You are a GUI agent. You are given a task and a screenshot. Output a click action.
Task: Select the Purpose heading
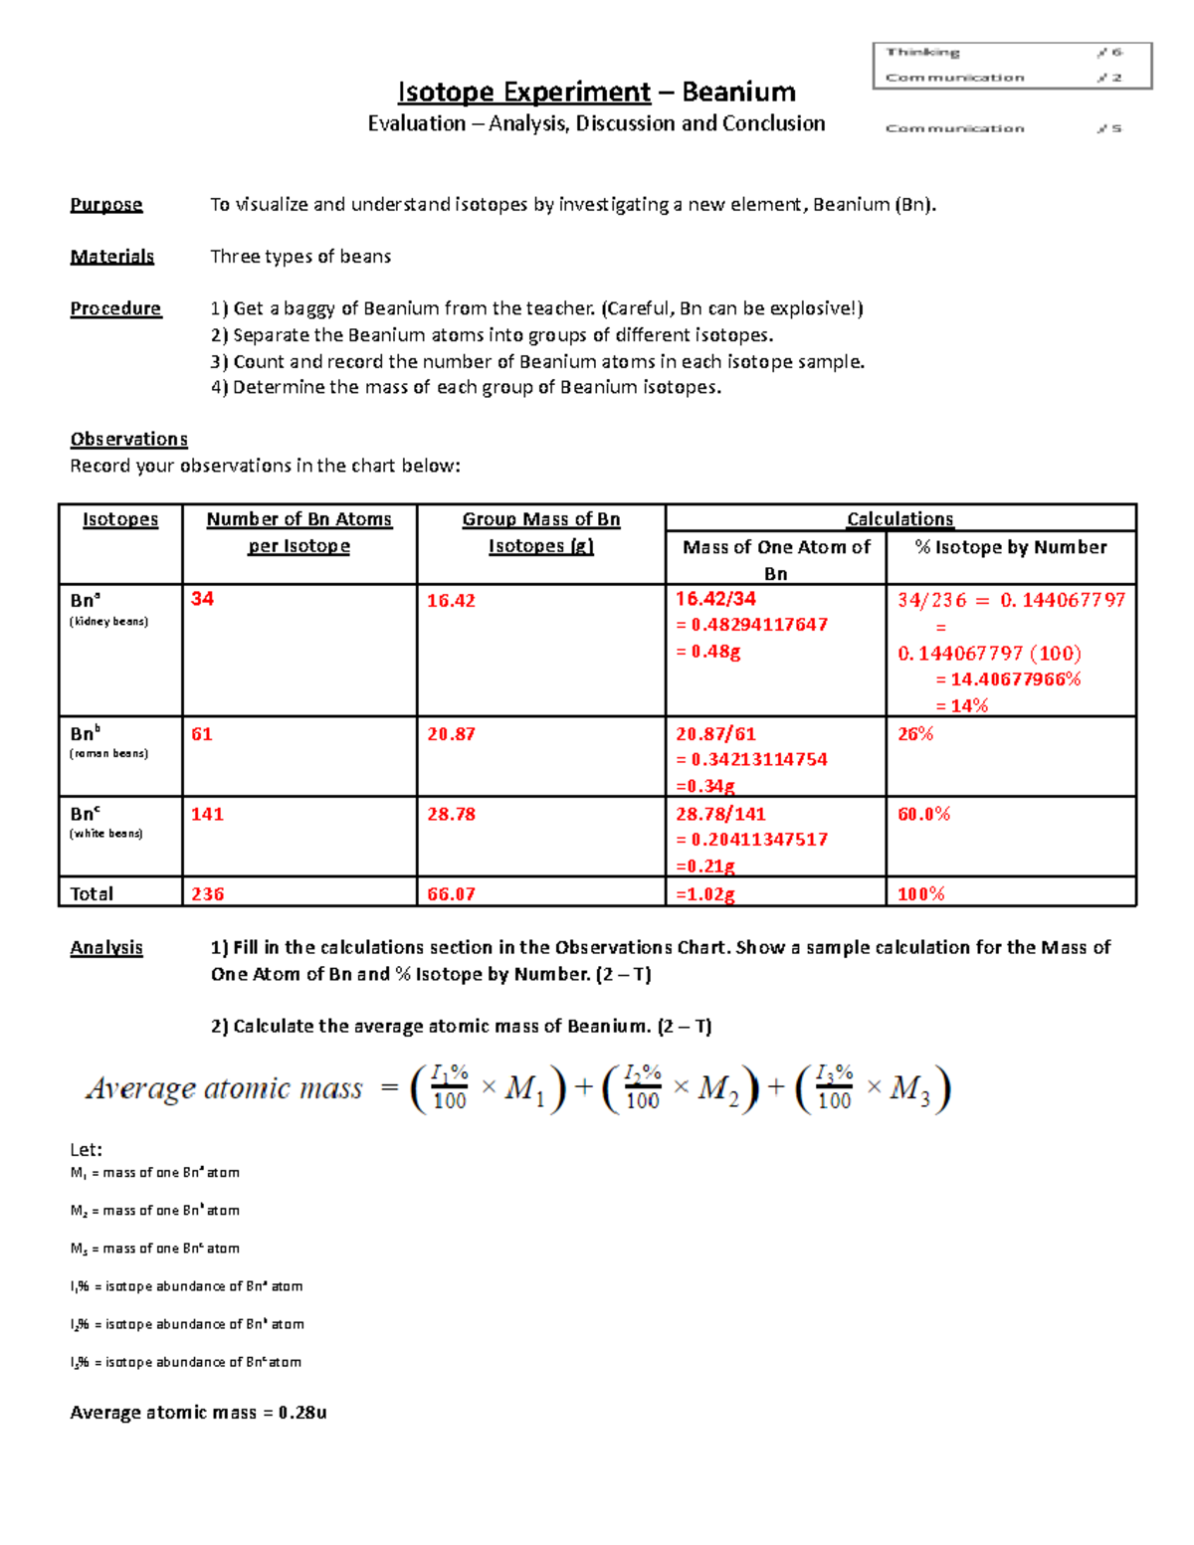(x=106, y=205)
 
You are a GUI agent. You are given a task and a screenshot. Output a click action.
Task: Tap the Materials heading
(x=111, y=257)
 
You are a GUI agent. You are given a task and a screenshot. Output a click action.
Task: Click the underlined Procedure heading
(x=115, y=308)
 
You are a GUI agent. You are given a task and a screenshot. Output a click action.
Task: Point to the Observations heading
(x=128, y=440)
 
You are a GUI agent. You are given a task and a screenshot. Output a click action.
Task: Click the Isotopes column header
(x=120, y=519)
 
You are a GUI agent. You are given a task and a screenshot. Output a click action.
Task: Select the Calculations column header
(x=899, y=519)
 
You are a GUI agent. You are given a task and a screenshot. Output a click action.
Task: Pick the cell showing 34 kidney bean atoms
(x=202, y=599)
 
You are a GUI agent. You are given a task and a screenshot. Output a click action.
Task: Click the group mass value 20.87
(x=451, y=734)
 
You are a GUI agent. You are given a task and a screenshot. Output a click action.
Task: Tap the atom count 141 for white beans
(x=207, y=815)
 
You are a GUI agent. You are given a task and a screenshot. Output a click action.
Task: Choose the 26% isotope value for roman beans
(x=915, y=734)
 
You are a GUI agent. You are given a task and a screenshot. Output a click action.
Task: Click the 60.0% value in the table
(x=923, y=815)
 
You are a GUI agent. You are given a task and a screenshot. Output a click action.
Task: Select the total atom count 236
(x=207, y=894)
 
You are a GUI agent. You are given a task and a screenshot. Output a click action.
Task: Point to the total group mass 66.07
(x=451, y=894)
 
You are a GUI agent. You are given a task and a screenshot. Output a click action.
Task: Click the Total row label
(x=92, y=894)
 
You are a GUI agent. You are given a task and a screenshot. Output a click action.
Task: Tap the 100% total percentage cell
(x=920, y=894)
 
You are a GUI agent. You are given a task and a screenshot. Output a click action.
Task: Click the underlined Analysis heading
(x=106, y=948)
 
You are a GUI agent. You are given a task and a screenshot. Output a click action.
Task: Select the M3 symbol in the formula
(x=909, y=1089)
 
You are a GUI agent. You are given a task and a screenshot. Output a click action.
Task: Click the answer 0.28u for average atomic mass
(x=302, y=1413)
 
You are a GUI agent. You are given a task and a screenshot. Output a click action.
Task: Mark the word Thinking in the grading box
(x=922, y=52)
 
